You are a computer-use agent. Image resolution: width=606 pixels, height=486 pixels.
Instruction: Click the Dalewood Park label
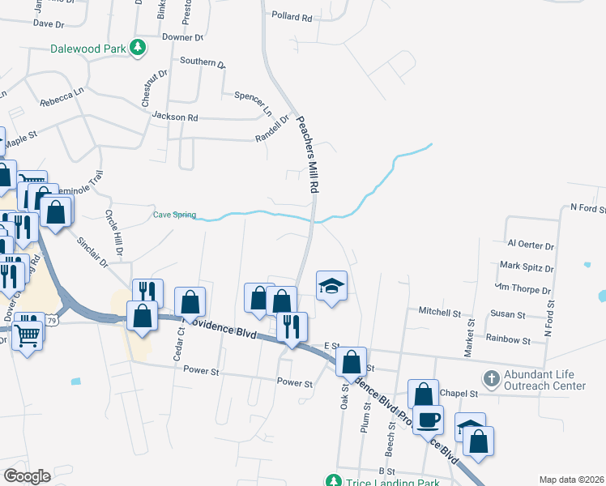tap(87, 49)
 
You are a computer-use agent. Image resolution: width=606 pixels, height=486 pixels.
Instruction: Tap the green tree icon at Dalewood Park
tap(139, 48)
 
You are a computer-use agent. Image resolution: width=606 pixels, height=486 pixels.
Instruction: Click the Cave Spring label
tap(175, 215)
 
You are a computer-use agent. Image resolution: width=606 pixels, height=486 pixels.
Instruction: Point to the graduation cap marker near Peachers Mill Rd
tap(331, 286)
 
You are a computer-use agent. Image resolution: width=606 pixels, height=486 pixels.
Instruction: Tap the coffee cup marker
tap(429, 420)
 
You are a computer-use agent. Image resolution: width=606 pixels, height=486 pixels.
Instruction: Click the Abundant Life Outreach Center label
tap(544, 380)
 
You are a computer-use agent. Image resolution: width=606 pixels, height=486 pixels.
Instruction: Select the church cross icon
tap(491, 378)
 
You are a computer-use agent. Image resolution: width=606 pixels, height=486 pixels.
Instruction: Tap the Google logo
tap(28, 476)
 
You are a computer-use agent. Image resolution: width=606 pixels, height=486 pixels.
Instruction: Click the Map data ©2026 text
tap(572, 480)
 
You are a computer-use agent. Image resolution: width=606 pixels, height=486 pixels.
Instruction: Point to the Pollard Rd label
tap(292, 16)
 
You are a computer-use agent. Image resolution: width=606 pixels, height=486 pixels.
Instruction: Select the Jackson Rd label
tap(175, 117)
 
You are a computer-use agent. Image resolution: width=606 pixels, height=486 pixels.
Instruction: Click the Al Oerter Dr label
tap(531, 245)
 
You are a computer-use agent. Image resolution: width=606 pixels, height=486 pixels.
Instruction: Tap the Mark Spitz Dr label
tap(527, 266)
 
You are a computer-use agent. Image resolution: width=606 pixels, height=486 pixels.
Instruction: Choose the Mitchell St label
tap(439, 311)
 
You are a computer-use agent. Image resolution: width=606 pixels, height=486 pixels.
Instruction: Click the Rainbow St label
tap(508, 341)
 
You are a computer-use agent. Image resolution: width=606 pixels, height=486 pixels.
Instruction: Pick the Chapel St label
tap(459, 394)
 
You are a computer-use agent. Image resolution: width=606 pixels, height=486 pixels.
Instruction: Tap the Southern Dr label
tap(203, 62)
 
